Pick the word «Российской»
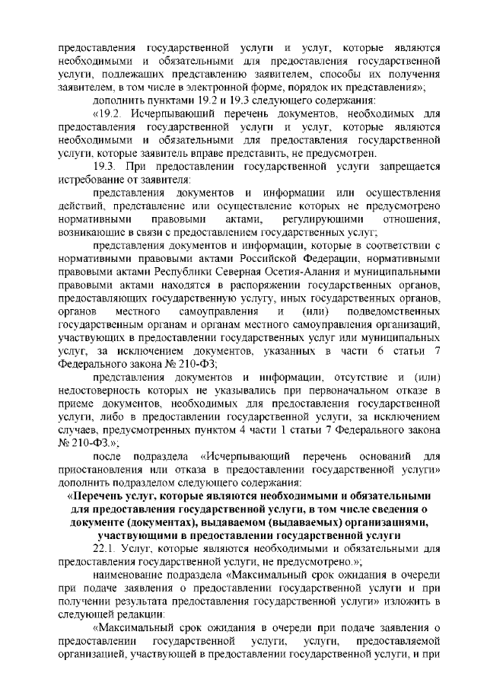(x=281, y=257)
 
